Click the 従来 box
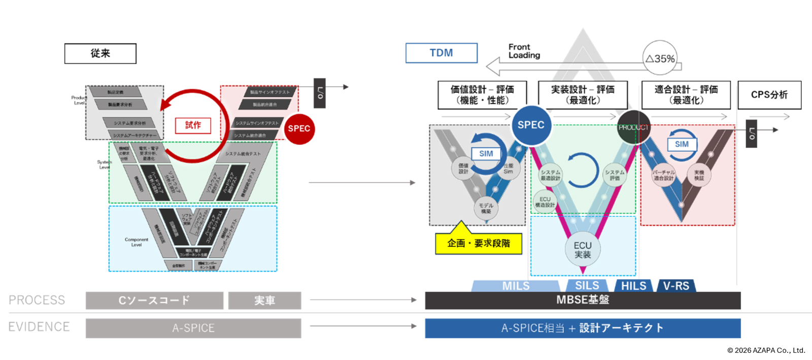click(x=100, y=53)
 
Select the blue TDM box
click(x=441, y=53)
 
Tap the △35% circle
click(x=660, y=58)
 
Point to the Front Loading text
click(x=524, y=51)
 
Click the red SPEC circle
click(x=299, y=129)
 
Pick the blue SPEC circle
click(x=531, y=125)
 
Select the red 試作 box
click(x=193, y=125)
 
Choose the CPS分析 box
click(x=769, y=95)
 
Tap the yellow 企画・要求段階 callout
click(x=478, y=243)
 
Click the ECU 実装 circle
click(x=583, y=250)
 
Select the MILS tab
click(x=516, y=286)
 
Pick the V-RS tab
click(x=676, y=286)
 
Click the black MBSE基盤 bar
click(x=583, y=300)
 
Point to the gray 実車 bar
click(x=264, y=301)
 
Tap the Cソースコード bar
click(x=154, y=301)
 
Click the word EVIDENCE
click(x=39, y=327)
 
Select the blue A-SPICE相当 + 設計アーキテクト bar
click(x=583, y=328)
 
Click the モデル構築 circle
click(x=486, y=208)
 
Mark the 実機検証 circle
click(x=699, y=175)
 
